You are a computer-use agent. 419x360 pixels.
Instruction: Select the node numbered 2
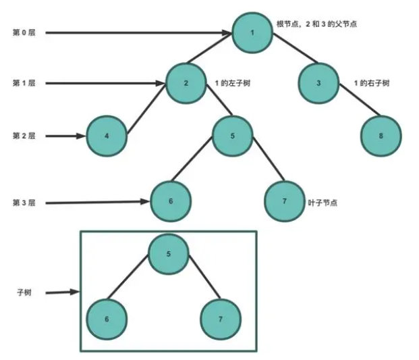tap(186, 82)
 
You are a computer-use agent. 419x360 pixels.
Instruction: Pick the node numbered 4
tap(107, 135)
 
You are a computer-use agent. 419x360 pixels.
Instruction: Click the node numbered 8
tap(381, 135)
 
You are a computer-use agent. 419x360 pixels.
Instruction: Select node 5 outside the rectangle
tap(233, 135)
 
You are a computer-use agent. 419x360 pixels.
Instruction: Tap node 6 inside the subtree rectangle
tap(107, 317)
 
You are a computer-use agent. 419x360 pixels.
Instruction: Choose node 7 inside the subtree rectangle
tap(221, 317)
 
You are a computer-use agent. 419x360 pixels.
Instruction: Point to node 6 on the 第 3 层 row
tap(171, 201)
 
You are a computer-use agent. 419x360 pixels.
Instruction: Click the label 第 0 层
tap(24, 32)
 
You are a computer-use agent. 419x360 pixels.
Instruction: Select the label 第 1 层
tap(24, 83)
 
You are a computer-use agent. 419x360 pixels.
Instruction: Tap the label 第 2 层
tap(24, 136)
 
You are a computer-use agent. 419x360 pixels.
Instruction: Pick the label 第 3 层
tap(24, 202)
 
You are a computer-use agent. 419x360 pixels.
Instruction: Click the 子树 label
tap(24, 292)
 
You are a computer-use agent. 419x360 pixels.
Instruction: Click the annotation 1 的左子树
tap(233, 83)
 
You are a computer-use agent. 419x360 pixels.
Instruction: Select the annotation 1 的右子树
tap(372, 83)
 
